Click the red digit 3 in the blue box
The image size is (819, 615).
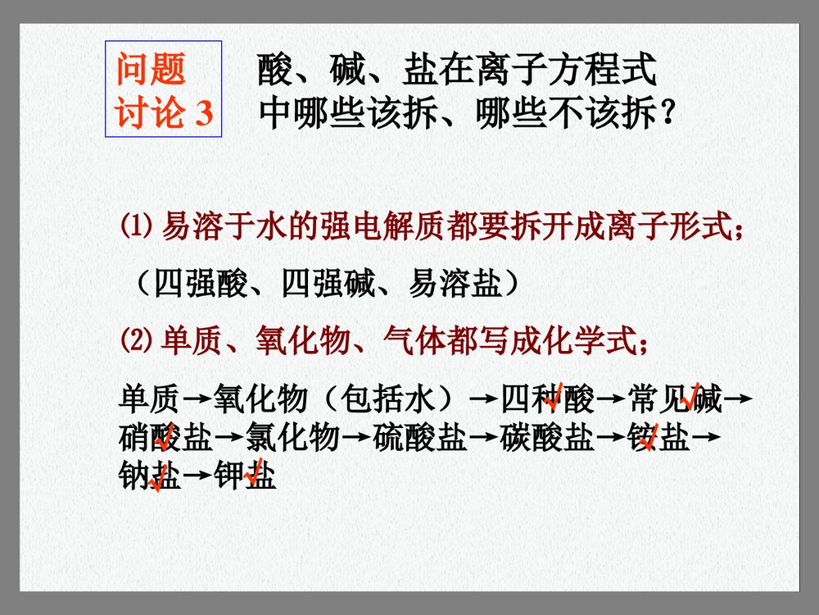pos(203,114)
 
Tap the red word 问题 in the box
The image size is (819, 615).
pos(152,71)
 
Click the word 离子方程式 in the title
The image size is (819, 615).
pos(565,71)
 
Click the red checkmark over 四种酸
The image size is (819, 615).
pos(554,396)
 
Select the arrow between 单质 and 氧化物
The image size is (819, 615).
pos(196,401)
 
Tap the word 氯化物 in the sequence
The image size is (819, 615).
pos(292,440)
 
